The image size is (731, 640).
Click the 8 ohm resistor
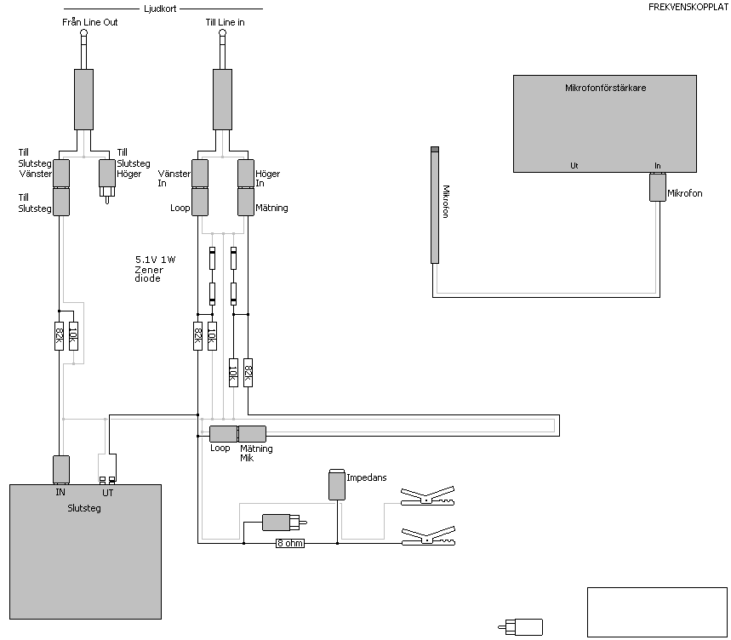coord(290,543)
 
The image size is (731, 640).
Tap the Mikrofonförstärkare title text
coord(605,88)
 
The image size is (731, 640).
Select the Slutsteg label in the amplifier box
coord(84,508)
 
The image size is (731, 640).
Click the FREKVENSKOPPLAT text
coord(688,8)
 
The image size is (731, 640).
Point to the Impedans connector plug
coord(337,485)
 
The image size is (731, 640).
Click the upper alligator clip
coord(427,496)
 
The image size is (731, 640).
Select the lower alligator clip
coord(428,536)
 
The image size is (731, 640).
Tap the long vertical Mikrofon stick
coord(435,205)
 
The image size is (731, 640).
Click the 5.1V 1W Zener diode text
coord(155,269)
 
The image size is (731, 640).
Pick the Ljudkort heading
coord(160,9)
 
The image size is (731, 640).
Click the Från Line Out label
coord(90,22)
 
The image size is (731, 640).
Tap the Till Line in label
coord(225,22)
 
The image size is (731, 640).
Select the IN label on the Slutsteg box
coord(60,492)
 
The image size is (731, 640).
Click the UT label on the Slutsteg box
coord(108,493)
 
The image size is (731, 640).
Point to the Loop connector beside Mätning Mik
coord(223,434)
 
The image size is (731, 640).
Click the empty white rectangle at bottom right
coord(657,612)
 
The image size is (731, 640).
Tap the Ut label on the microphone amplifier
coord(574,165)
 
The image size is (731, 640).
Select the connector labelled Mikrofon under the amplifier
coord(657,187)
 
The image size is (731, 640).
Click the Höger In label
coord(267,178)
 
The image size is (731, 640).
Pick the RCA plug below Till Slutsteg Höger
coord(106,181)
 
